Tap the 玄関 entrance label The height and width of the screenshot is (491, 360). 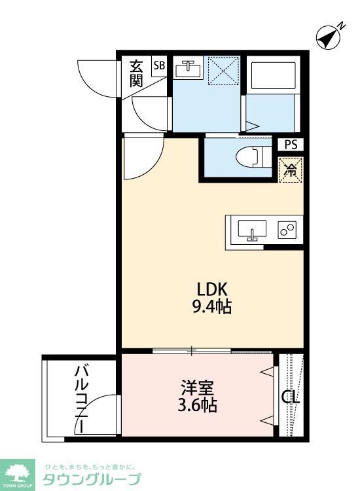click(135, 73)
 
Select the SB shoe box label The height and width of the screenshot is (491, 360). click(159, 65)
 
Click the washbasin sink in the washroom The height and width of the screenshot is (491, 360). click(189, 67)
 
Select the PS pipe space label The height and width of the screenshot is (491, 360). click(290, 145)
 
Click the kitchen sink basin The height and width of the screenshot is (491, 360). click(251, 231)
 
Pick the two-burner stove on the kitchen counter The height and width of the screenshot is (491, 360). click(286, 231)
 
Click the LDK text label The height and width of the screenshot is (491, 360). click(213, 288)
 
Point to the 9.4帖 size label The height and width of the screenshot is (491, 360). click(213, 306)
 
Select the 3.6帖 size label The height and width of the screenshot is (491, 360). click(197, 405)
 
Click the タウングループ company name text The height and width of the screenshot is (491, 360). click(92, 479)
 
